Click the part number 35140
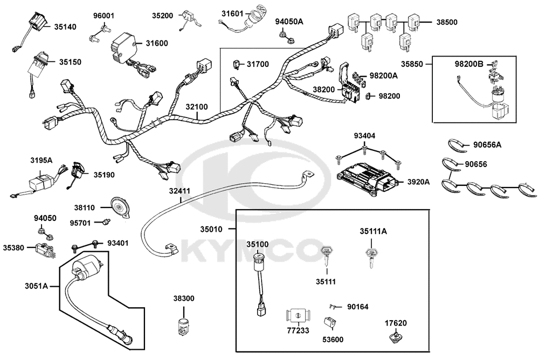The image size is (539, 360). (x=65, y=27)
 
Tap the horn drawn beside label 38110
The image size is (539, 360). (x=120, y=207)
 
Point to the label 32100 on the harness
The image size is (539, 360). (x=197, y=107)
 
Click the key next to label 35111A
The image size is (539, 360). (x=370, y=257)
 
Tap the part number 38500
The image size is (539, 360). (x=447, y=22)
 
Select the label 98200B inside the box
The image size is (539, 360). (x=469, y=64)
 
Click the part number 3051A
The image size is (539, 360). (x=36, y=286)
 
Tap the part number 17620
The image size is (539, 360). (x=395, y=323)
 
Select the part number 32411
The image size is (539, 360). (x=179, y=191)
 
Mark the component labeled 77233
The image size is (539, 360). (x=298, y=316)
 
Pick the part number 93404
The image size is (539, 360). (x=365, y=136)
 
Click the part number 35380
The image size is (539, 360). (x=14, y=247)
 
